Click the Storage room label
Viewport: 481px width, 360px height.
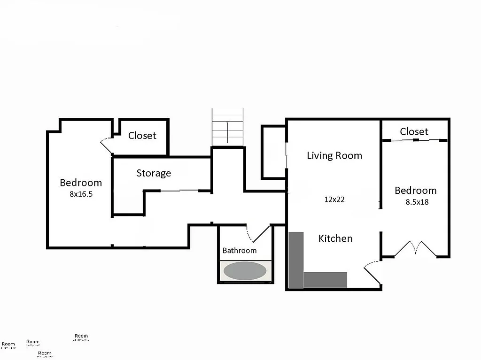coord(154,173)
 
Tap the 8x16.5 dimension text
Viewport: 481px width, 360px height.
coord(81,194)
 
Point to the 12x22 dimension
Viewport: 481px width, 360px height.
coord(334,199)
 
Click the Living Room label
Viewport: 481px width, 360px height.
coord(334,155)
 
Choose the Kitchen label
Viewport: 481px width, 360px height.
coord(335,238)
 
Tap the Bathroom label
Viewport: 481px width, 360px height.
coord(240,251)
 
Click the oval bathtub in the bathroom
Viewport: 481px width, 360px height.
coord(245,271)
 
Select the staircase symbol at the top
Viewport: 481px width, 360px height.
coord(228,127)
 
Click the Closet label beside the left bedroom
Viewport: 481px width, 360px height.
coord(142,136)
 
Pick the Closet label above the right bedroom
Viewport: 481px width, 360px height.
coord(414,132)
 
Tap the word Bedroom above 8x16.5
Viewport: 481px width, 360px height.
coord(81,183)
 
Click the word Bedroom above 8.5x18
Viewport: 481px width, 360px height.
coord(415,191)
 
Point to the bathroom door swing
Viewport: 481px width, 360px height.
coord(257,233)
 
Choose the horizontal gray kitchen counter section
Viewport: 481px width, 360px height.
coord(325,280)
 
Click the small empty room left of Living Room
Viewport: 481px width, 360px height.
coord(274,152)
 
